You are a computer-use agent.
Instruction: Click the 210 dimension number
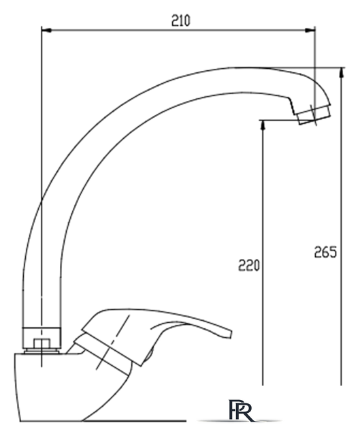pyautogui.click(x=181, y=20)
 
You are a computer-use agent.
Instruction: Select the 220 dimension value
pyautogui.click(x=248, y=265)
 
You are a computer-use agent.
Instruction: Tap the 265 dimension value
pyautogui.click(x=325, y=252)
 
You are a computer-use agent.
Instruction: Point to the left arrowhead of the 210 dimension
pyautogui.click(x=46, y=30)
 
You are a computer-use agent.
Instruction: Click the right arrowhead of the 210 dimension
pyautogui.click(x=310, y=30)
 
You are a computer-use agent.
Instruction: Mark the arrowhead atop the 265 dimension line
pyautogui.click(x=342, y=72)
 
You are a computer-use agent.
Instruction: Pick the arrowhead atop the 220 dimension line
pyautogui.click(x=263, y=125)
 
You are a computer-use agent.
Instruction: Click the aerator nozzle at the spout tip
pyautogui.click(x=313, y=114)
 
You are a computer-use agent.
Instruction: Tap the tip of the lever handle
pyautogui.click(x=230, y=334)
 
